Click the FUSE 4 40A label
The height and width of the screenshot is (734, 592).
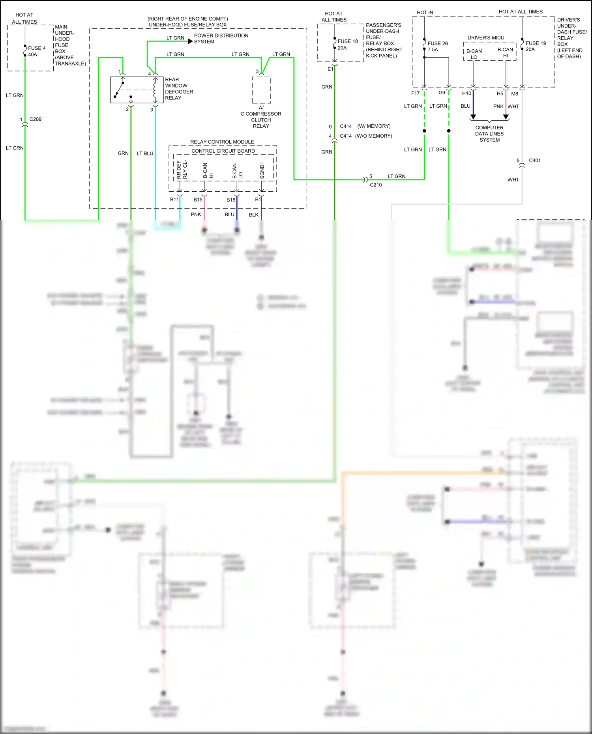[x=36, y=51]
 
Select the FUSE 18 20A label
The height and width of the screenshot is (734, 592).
[x=347, y=44]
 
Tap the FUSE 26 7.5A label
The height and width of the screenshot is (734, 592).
[x=437, y=47]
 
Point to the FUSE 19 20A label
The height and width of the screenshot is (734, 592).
[x=535, y=46]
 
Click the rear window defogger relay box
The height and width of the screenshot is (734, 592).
[x=137, y=90]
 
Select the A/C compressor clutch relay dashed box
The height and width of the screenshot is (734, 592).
[x=261, y=90]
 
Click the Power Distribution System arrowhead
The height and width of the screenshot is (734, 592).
[x=190, y=41]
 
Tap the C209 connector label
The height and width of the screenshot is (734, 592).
[x=36, y=119]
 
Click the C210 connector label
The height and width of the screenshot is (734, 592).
[x=376, y=185]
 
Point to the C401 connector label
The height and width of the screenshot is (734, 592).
[x=534, y=161]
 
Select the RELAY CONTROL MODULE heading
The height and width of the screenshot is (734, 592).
[x=222, y=142]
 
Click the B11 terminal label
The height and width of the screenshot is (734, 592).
[x=174, y=200]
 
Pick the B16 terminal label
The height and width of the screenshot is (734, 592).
[x=231, y=200]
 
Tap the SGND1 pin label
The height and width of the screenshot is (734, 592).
[x=262, y=170]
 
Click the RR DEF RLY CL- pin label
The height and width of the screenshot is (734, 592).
[x=182, y=170]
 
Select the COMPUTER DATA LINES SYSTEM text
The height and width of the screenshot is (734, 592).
[x=489, y=134]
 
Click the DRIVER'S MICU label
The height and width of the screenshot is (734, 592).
[x=486, y=38]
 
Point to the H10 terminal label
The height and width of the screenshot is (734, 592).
[x=466, y=93]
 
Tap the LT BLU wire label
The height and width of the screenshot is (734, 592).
[x=145, y=153]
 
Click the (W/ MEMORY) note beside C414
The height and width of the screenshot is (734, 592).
[x=374, y=126]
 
